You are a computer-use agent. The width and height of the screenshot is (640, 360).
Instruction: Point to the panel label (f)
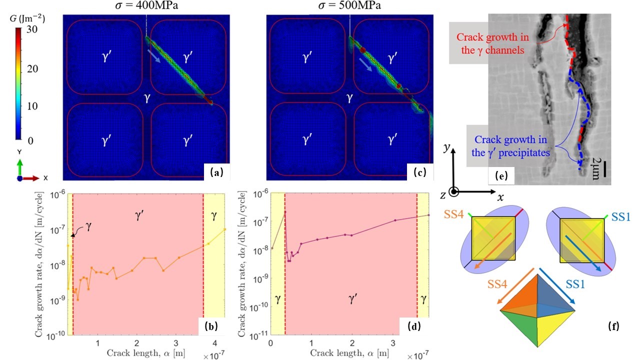click(x=613, y=327)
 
